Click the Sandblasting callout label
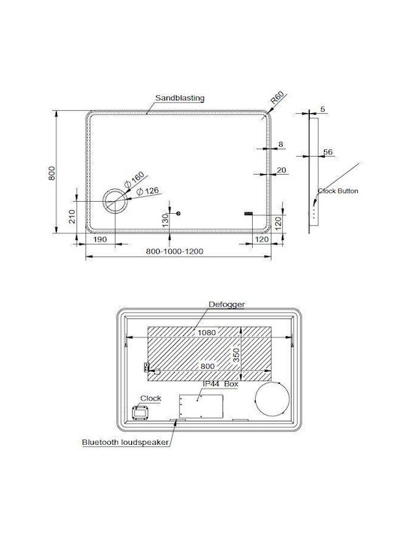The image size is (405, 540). (x=180, y=97)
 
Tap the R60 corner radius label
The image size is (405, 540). (x=277, y=97)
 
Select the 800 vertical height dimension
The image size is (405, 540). (x=52, y=173)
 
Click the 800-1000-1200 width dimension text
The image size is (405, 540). (x=174, y=251)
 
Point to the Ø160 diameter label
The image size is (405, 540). (x=134, y=179)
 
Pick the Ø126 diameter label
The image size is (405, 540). (x=148, y=191)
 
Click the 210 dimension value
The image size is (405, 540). (x=72, y=217)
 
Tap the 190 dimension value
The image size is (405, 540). (x=100, y=239)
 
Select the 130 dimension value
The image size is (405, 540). (x=165, y=220)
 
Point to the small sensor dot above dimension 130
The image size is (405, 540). (x=178, y=214)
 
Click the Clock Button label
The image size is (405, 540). (x=337, y=190)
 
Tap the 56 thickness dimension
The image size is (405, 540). (x=328, y=151)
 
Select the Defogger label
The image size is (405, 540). (x=226, y=304)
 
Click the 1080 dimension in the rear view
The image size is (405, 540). (x=207, y=333)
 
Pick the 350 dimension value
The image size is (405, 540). (x=236, y=355)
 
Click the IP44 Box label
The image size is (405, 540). (x=220, y=384)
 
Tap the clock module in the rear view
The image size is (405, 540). (x=140, y=412)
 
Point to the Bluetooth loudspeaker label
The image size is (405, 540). (x=125, y=442)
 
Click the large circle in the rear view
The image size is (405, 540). (x=255, y=399)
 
